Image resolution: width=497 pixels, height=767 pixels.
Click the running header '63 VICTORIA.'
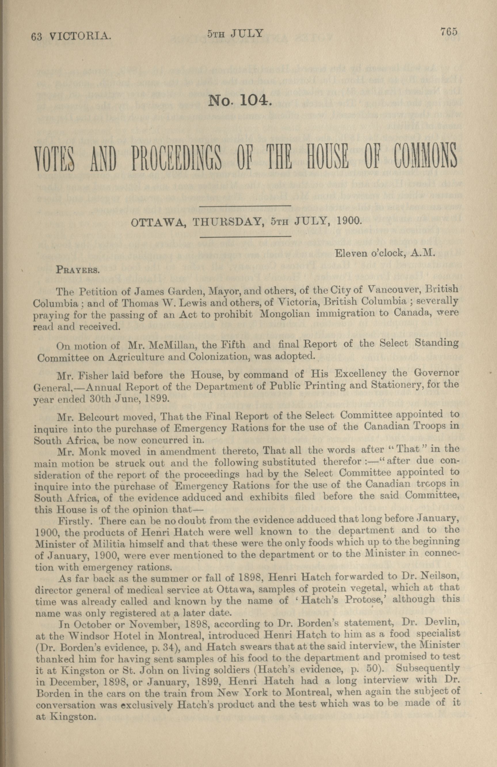(x=71, y=37)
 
